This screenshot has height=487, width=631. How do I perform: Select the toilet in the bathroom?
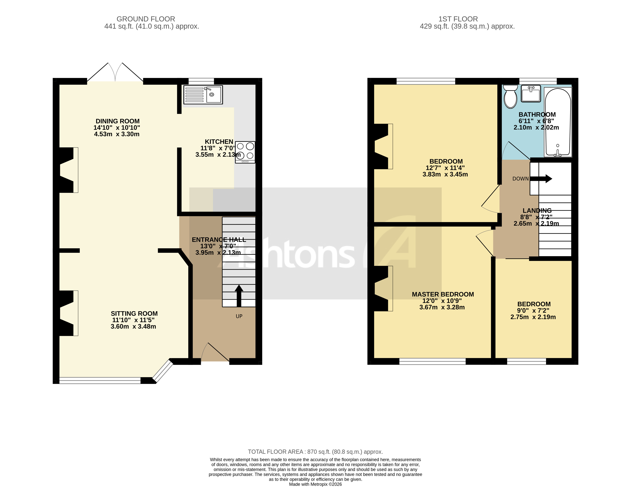(510, 96)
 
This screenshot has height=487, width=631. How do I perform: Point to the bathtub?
(558, 122)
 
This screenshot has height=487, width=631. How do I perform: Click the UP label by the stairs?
(239, 316)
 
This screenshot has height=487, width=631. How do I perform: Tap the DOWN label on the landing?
(520, 179)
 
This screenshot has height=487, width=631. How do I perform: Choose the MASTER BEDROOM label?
(443, 294)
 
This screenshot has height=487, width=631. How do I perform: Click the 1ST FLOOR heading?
(458, 19)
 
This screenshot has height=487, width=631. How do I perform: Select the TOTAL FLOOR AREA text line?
(315, 452)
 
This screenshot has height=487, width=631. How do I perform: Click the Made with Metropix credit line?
(315, 484)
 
